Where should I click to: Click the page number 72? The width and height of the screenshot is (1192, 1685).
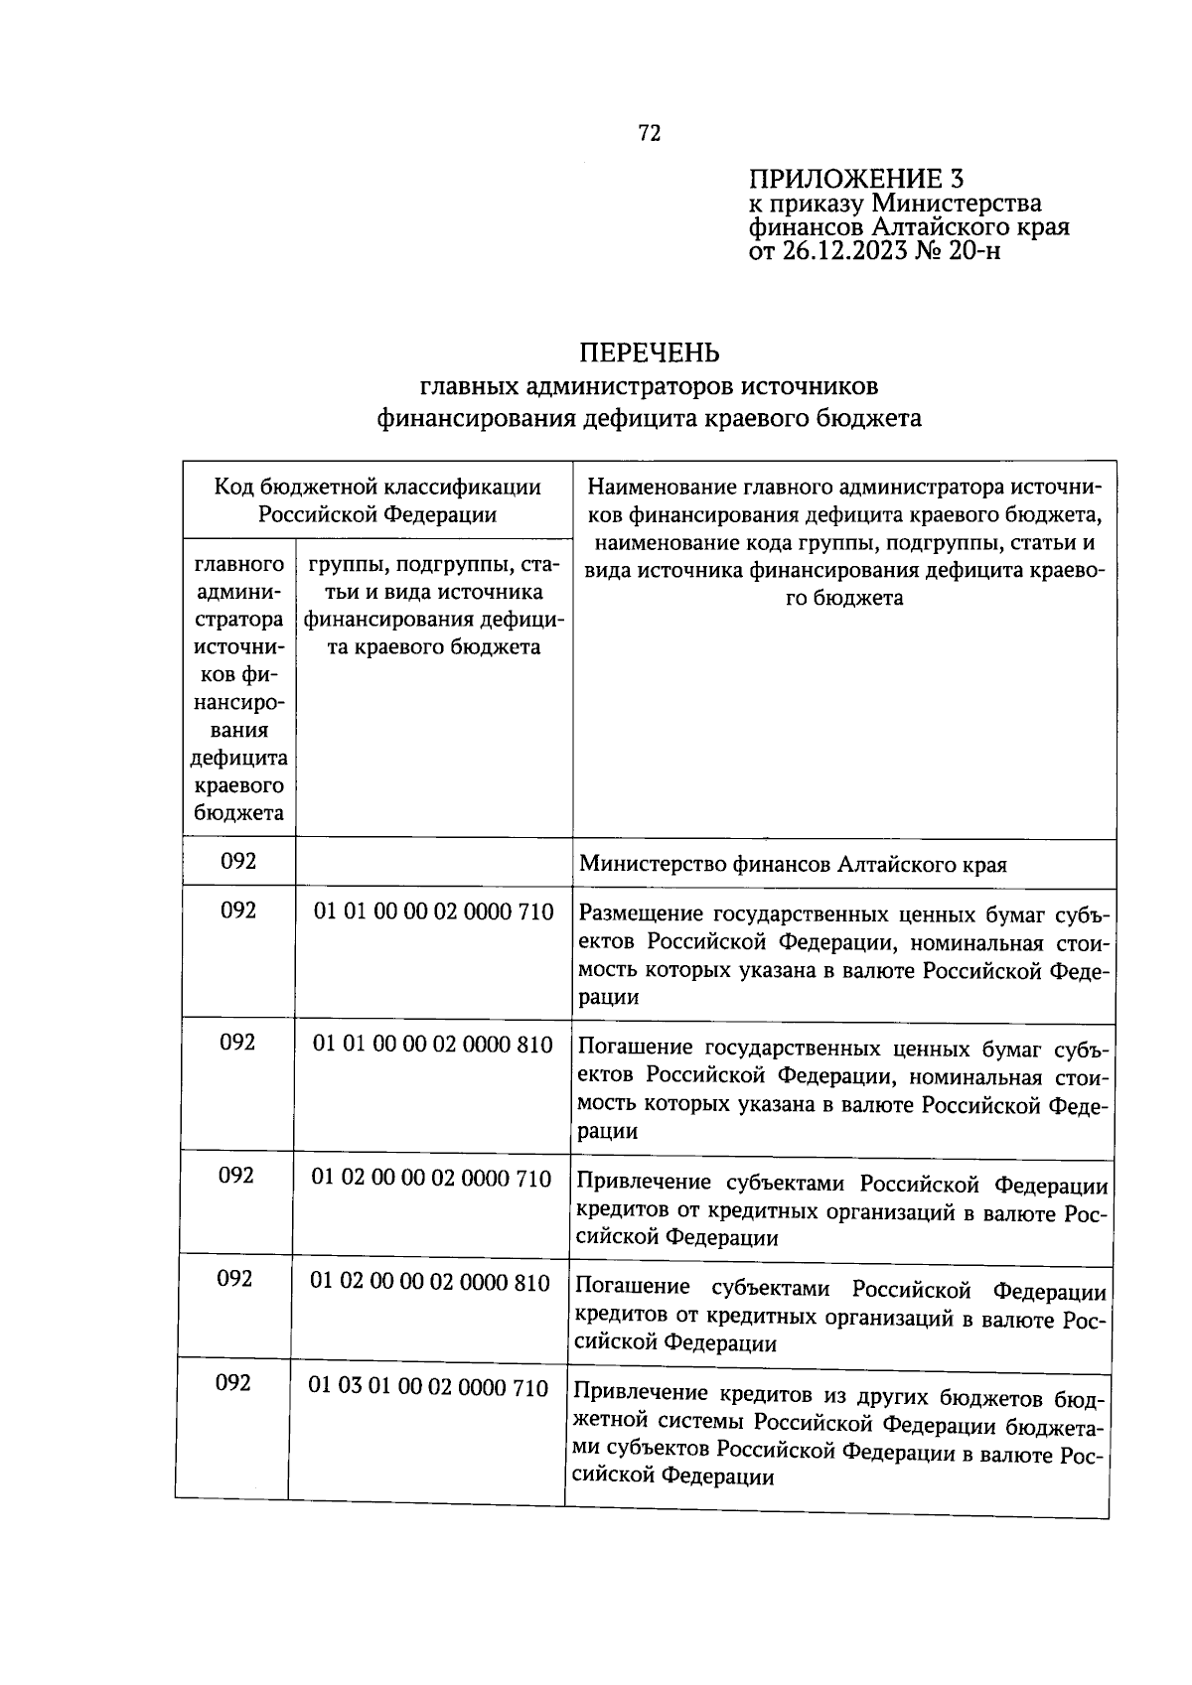click(x=650, y=134)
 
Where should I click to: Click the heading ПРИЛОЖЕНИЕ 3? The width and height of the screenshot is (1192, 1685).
click(x=855, y=179)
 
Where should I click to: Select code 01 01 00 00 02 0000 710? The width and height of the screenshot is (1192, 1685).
click(x=433, y=912)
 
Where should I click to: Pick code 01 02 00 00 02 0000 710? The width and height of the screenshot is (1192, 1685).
click(x=431, y=1178)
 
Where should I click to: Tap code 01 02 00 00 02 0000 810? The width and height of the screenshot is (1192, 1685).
click(x=430, y=1282)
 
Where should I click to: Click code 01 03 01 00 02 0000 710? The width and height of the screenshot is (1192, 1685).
click(x=428, y=1387)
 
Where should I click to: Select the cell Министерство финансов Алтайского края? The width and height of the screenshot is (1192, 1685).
click(x=793, y=865)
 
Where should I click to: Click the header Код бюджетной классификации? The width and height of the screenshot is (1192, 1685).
click(x=377, y=487)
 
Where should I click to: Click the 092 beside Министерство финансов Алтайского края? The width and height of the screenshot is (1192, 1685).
click(x=238, y=861)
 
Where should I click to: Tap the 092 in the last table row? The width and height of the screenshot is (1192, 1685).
click(x=232, y=1383)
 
